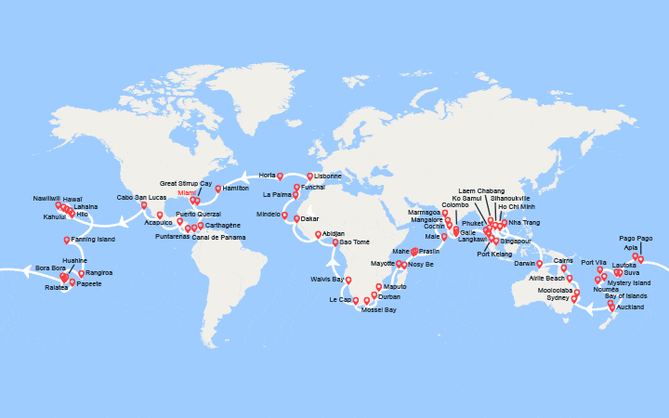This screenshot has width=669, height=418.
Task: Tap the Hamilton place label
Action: tap(237, 189)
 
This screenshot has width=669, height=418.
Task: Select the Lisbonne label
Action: tap(328, 176)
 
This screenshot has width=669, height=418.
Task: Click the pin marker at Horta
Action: tap(280, 176)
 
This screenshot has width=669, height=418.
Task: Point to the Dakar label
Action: tap(310, 219)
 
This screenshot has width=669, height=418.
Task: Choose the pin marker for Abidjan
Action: tap(318, 234)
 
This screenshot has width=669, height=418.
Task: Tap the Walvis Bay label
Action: tap(327, 279)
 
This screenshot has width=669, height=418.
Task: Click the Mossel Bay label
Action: tap(378, 310)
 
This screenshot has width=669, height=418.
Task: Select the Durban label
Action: tap(388, 297)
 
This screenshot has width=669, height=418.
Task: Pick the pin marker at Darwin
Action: tap(539, 264)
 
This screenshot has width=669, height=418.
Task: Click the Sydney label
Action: tap(558, 297)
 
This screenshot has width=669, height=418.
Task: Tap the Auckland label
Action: tap(630, 307)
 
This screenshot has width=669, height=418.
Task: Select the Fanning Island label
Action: tap(93, 240)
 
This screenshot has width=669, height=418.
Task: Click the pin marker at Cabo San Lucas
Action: tap(144, 205)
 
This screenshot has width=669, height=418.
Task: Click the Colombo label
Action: tap(455, 204)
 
